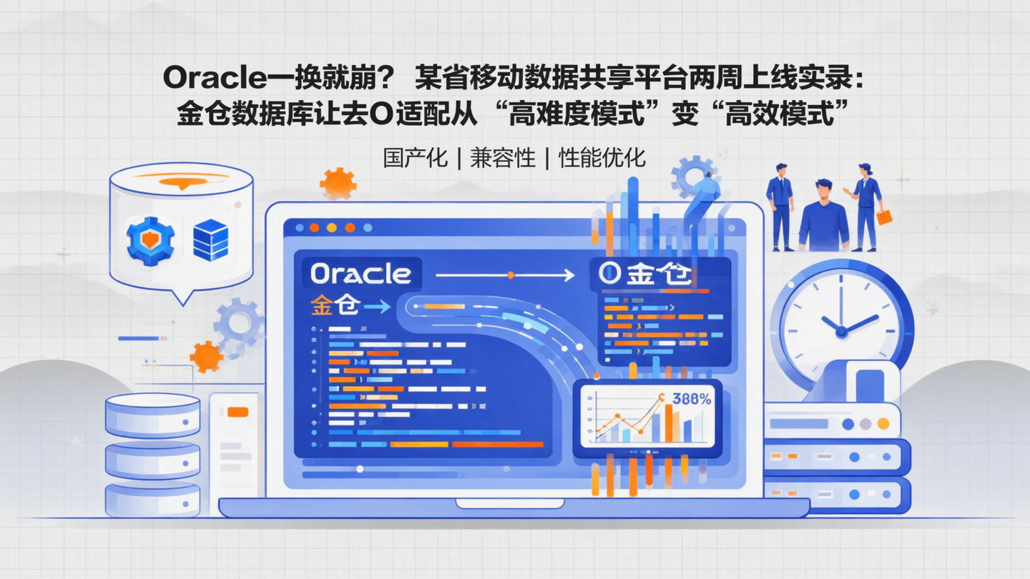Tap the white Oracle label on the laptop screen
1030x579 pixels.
(x=361, y=274)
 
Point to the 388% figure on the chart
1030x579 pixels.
(x=692, y=400)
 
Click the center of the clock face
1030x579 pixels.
(x=841, y=331)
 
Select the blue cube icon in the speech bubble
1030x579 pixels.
(x=210, y=240)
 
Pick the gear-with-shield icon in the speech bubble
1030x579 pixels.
(x=150, y=241)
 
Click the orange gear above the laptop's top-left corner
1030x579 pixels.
(x=338, y=184)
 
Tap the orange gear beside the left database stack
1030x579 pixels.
(x=207, y=355)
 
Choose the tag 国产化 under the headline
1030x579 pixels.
(x=416, y=158)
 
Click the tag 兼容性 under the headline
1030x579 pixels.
(x=503, y=158)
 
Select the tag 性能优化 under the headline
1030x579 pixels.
(x=602, y=158)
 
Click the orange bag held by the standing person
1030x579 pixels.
(x=884, y=217)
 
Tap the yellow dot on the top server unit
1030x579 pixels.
(x=883, y=424)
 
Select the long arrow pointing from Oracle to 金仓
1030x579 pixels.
(x=505, y=275)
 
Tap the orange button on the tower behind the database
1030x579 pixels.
(x=237, y=412)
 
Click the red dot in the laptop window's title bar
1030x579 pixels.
(x=313, y=228)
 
